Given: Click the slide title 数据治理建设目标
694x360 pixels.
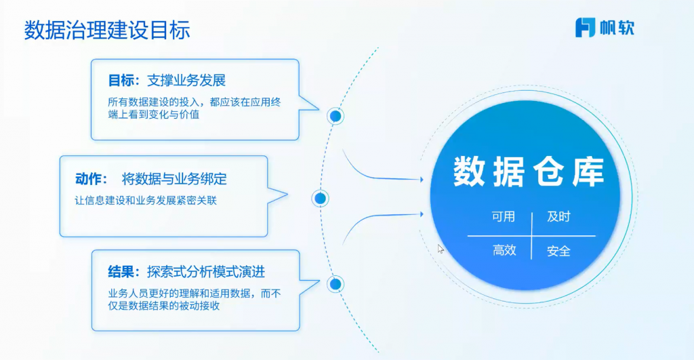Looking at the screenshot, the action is pos(107,31).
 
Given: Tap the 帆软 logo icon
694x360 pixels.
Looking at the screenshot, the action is pos(585,28).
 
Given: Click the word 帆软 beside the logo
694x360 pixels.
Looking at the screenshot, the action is pos(617,28).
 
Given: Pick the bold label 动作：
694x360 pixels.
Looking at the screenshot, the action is pos(91,180).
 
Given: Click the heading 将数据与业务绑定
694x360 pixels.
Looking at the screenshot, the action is pos(174,180).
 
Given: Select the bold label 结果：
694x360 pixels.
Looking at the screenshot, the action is pos(123,272).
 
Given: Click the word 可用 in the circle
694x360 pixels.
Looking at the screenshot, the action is pos(504,217).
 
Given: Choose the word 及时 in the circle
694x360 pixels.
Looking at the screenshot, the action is pos(558,217).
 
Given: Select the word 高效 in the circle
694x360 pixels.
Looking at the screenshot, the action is pos(504,251).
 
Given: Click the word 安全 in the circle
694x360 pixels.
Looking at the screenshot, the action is pos(558,251).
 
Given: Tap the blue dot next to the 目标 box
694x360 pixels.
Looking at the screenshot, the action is pos(335,117).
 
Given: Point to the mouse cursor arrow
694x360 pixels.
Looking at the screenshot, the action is pos(441,248).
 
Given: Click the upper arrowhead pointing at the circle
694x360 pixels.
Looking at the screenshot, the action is pos(422,180).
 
